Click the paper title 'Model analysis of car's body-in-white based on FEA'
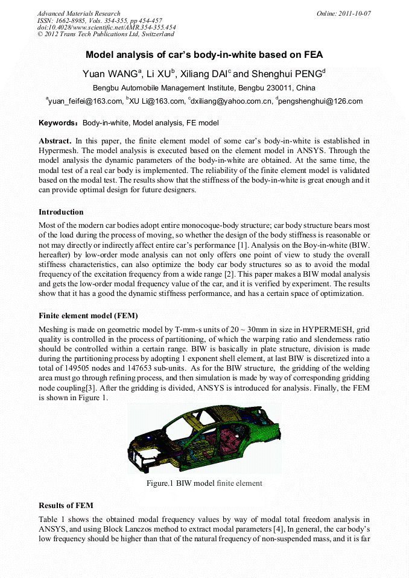point(204,55)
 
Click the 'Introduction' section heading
point(61,212)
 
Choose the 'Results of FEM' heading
point(66,505)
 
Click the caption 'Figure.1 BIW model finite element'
point(204,483)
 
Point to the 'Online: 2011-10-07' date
point(344,13)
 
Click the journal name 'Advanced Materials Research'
point(78,13)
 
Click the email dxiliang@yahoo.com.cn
point(232,101)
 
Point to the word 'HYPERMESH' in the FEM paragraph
point(329,330)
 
